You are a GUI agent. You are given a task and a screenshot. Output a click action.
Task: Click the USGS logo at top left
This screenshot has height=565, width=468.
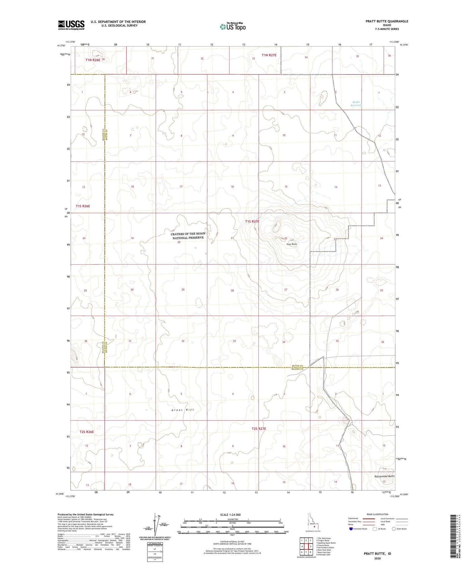click(71, 25)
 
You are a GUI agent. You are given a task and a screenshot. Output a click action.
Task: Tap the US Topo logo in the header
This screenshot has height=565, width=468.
click(232, 27)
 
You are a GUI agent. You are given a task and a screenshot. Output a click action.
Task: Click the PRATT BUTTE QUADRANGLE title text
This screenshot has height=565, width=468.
click(387, 21)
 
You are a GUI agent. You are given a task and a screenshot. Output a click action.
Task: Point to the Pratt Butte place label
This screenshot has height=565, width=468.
click(292, 244)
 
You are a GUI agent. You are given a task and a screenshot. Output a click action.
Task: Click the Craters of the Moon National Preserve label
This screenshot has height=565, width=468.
click(188, 236)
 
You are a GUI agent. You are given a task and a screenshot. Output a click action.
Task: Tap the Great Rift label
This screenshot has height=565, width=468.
click(183, 410)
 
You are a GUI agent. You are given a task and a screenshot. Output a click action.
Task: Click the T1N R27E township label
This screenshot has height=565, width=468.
click(269, 55)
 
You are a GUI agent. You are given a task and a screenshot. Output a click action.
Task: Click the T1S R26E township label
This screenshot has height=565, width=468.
click(83, 206)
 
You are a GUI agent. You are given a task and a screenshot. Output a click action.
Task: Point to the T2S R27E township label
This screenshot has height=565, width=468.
click(259, 429)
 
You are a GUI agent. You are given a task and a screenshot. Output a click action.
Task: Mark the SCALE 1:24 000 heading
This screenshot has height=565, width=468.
click(230, 515)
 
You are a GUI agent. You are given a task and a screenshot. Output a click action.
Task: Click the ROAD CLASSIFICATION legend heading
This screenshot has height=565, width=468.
click(377, 514)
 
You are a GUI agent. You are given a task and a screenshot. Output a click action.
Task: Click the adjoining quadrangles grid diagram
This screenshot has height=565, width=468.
click(306, 546)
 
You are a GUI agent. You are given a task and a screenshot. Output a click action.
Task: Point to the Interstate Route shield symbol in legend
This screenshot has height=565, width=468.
click(351, 529)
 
